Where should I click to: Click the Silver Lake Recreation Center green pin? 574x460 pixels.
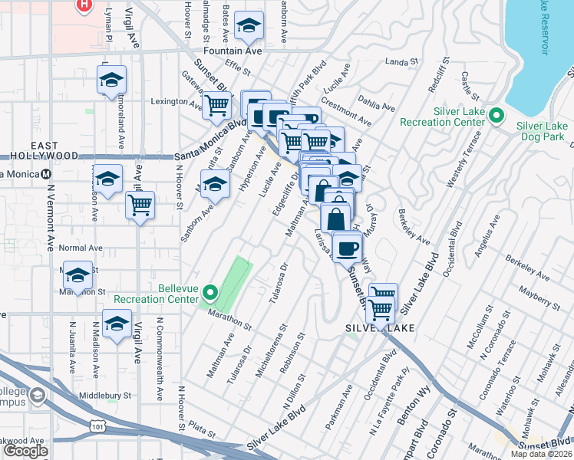[496, 117]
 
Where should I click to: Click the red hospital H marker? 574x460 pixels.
[84, 5]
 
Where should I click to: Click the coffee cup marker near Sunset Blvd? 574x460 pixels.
[347, 248]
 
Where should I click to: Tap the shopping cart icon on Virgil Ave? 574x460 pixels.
[140, 205]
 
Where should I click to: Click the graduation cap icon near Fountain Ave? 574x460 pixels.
[249, 27]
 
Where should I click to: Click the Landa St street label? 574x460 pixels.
[400, 61]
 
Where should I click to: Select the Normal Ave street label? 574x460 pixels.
[81, 248]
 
